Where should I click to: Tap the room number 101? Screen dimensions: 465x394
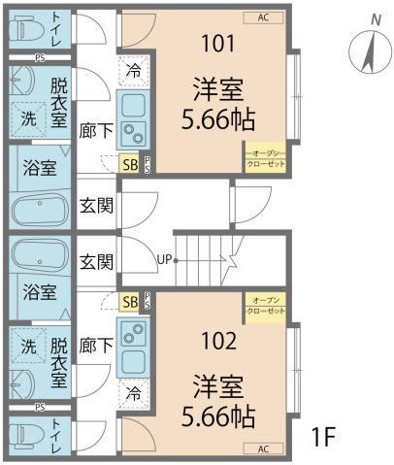coord(217,43)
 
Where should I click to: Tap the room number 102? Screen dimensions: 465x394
coord(217,341)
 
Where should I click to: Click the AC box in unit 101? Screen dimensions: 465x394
coord(263,17)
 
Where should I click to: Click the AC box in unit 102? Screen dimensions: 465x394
coord(263,448)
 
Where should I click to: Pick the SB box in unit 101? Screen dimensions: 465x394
coord(129,164)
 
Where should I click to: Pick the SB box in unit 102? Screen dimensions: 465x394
coord(129,302)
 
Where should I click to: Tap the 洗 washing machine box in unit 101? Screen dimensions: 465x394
coord(28,118)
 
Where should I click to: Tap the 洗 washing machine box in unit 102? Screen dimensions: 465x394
coord(28,346)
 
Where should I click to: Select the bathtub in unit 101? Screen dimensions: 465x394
coord(40,210)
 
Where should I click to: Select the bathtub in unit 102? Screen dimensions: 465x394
coord(40,256)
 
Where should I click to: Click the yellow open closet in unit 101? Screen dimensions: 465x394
coord(266,158)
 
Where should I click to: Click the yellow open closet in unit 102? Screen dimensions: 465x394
coord(266,308)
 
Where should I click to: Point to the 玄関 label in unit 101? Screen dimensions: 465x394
coord(96,205)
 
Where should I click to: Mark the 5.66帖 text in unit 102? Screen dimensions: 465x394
coord(217,418)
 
